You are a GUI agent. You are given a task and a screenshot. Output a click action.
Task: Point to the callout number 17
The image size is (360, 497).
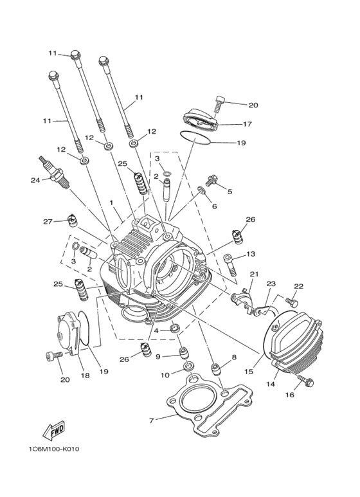click(247, 123)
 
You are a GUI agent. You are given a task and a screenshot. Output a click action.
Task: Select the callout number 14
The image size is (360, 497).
click(271, 383)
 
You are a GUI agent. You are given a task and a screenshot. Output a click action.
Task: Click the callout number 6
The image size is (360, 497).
click(215, 206)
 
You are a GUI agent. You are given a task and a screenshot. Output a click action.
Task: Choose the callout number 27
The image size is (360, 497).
click(48, 222)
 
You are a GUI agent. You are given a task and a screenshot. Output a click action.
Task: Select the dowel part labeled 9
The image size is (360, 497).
click(183, 353)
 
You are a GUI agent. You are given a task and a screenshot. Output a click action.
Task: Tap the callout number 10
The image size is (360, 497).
click(165, 374)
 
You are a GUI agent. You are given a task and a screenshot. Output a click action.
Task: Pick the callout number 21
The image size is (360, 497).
click(253, 275)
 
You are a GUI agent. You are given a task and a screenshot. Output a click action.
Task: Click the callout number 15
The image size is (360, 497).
click(249, 370)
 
